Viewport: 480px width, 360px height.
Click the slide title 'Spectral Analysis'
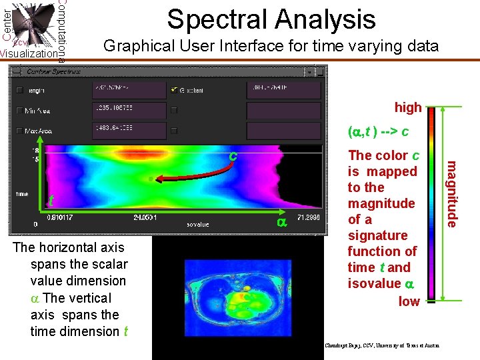(x=271, y=19)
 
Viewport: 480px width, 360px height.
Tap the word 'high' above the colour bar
(x=407, y=107)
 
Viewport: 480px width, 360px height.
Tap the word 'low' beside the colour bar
(x=409, y=301)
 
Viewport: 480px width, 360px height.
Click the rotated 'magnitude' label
(x=451, y=193)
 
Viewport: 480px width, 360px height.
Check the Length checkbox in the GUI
(x=19, y=90)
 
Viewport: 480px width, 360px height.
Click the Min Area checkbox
(x=19, y=111)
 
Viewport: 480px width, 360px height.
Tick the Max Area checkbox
(x=19, y=131)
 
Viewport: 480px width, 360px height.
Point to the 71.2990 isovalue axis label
(x=309, y=217)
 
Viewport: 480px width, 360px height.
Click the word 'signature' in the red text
(x=377, y=235)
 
